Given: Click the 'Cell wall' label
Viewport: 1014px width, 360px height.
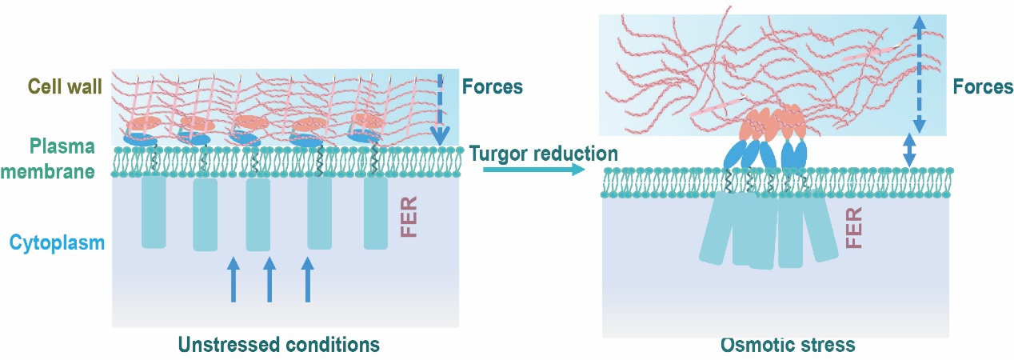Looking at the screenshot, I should pos(65,86).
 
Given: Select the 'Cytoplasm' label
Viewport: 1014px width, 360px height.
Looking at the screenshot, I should pos(57,242).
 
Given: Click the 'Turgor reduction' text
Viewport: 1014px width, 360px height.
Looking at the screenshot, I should pos(544,154).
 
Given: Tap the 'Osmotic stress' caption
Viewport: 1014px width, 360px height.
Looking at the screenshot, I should pos(788,345).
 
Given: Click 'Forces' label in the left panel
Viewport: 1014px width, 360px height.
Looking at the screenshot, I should pos(492,86).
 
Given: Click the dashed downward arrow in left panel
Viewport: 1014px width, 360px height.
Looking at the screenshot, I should pos(438,108).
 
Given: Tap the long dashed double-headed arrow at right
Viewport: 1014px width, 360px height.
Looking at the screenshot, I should pos(918,75).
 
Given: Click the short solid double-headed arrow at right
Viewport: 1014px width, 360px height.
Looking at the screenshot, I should pos(908,150).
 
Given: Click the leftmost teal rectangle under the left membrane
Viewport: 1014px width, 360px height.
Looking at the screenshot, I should pos(154,212).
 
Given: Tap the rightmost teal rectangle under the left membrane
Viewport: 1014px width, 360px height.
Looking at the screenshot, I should pos(376,213).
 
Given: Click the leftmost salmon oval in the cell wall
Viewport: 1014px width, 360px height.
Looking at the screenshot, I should pos(145,124).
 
